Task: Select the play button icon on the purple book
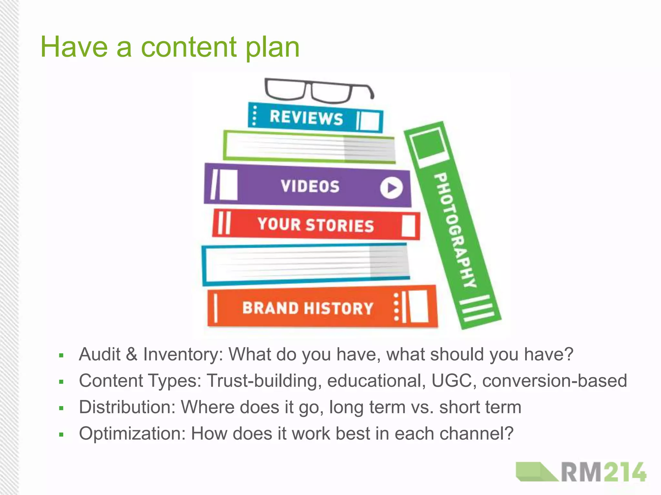(391, 188)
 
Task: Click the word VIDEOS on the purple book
(310, 186)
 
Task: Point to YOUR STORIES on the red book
(315, 225)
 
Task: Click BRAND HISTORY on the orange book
(308, 308)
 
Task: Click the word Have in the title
(74, 47)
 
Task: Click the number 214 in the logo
(625, 472)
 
